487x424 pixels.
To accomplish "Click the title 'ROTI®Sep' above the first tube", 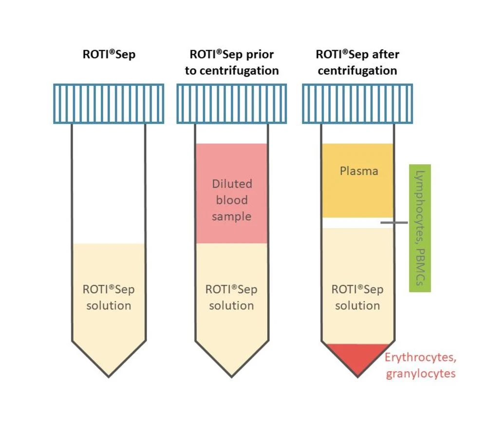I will tap(109, 54).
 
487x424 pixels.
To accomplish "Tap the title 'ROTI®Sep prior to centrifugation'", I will tap(231, 62).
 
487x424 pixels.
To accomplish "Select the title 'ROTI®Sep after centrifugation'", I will tap(357, 62).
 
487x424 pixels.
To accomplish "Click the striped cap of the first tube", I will tap(109, 104).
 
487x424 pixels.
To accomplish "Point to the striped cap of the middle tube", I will tap(231, 104).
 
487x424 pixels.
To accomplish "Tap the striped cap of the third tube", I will tap(357, 104).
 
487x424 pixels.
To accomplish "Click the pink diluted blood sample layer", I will tap(231, 161).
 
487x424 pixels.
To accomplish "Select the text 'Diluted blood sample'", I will tap(232, 200).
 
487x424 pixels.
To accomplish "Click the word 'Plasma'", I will tap(359, 171).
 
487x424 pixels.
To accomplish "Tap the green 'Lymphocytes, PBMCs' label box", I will tap(420, 228).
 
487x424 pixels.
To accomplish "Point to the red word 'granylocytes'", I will tap(420, 374).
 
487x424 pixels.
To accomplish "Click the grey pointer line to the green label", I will tap(393, 223).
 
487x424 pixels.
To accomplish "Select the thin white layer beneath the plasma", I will tap(351, 223).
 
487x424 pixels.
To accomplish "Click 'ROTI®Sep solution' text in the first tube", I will tap(109, 297).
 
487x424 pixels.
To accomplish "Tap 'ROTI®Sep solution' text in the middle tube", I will tap(231, 297).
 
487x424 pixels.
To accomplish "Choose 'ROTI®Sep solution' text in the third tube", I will tap(357, 297).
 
